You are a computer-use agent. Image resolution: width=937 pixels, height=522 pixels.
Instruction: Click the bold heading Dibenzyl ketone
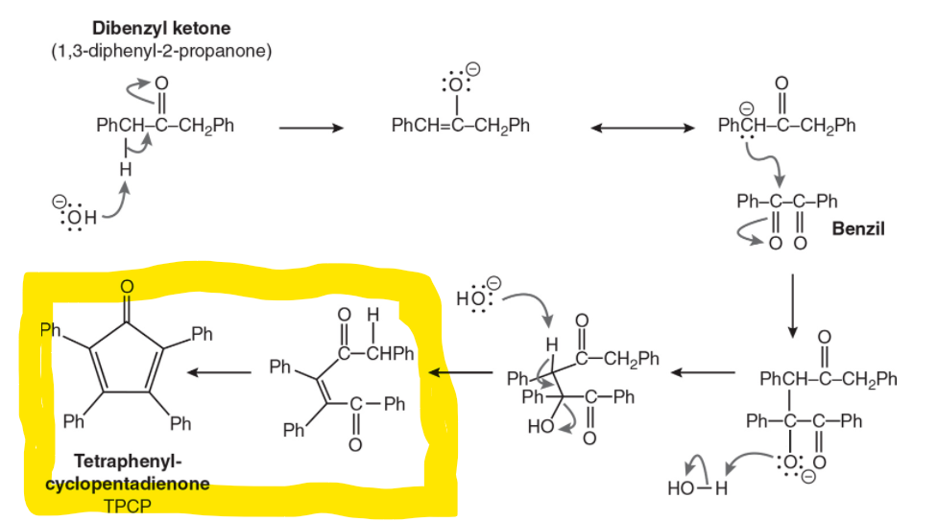161,29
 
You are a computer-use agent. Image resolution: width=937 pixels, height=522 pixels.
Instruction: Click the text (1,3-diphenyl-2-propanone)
161,51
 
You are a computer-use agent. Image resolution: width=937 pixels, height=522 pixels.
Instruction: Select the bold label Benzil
858,228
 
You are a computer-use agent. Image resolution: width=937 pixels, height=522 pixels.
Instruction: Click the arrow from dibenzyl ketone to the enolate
310,126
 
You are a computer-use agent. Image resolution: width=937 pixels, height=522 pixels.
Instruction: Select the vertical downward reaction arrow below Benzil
793,304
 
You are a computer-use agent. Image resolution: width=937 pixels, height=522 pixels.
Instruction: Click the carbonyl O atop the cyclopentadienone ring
127,286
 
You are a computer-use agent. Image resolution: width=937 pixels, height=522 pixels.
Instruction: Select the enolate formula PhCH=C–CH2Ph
460,126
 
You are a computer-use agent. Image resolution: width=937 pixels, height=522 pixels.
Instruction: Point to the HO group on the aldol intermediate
538,427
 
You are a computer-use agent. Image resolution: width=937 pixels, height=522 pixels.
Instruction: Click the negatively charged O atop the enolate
460,82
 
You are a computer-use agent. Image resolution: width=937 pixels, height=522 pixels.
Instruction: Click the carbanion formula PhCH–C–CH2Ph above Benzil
786,126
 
